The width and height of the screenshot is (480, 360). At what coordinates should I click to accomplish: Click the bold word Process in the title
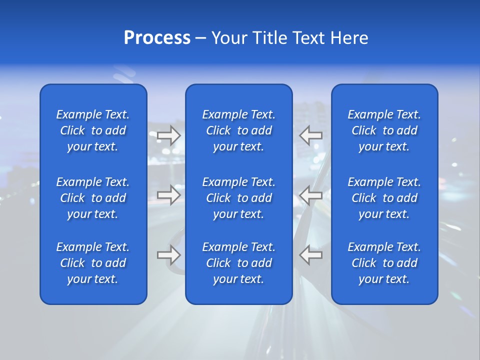click(157, 38)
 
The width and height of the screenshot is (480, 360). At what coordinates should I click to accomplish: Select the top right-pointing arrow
click(169, 135)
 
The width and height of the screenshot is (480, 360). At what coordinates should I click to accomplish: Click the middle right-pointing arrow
click(169, 195)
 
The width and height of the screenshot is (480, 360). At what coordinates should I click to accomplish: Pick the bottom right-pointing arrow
click(169, 255)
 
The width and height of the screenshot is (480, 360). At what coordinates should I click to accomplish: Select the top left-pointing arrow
click(311, 135)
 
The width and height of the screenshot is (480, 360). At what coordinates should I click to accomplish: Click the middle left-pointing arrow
click(311, 195)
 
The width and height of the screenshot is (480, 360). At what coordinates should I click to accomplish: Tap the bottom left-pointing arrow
click(311, 255)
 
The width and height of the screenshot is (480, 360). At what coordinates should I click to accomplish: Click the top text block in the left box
click(93, 130)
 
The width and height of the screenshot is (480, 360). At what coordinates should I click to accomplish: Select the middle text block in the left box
click(93, 198)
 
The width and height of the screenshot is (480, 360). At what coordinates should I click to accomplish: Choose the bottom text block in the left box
click(93, 263)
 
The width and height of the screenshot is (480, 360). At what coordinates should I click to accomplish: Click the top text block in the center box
click(239, 130)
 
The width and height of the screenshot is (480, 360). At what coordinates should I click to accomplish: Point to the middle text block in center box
click(239, 198)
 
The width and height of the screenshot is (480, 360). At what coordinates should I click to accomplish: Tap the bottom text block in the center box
click(239, 263)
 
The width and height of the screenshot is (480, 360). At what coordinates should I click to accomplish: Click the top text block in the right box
click(384, 130)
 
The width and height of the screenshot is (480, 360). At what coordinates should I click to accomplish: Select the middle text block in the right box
click(384, 198)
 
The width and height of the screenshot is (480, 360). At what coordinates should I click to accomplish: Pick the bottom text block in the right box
click(384, 263)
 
